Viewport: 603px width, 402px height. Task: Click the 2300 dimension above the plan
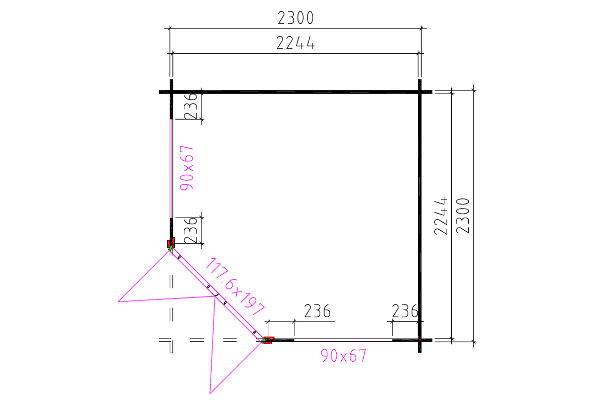click(x=295, y=18)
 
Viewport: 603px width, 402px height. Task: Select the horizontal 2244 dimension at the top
click(x=295, y=43)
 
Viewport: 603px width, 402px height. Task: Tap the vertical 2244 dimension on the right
click(x=441, y=216)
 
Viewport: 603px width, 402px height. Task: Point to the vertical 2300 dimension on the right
click(x=463, y=216)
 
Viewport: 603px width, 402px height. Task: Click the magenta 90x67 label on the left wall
click(x=186, y=168)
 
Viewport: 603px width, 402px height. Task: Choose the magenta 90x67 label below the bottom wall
click(x=344, y=355)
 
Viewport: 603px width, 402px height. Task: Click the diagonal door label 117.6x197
click(x=235, y=286)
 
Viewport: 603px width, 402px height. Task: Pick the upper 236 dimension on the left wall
click(x=190, y=106)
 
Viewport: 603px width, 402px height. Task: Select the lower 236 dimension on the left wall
click(x=190, y=231)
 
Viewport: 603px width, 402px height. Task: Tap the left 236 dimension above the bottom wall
click(x=317, y=311)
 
